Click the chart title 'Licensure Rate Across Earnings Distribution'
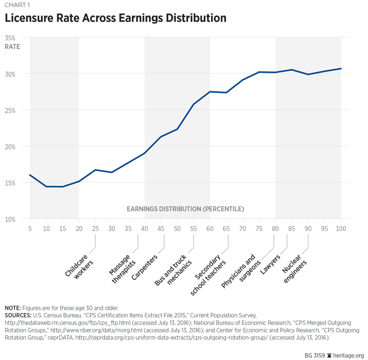click(x=116, y=19)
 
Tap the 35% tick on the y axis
click(x=10, y=39)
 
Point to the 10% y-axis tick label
click(x=10, y=219)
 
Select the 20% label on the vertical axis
click(x=10, y=147)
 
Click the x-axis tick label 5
click(x=30, y=228)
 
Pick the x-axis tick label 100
click(x=341, y=228)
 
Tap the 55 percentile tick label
click(x=194, y=228)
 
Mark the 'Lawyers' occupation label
click(x=270, y=264)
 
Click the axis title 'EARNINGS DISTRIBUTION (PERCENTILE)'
click(x=185, y=209)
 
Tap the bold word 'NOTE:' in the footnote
click(x=12, y=308)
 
